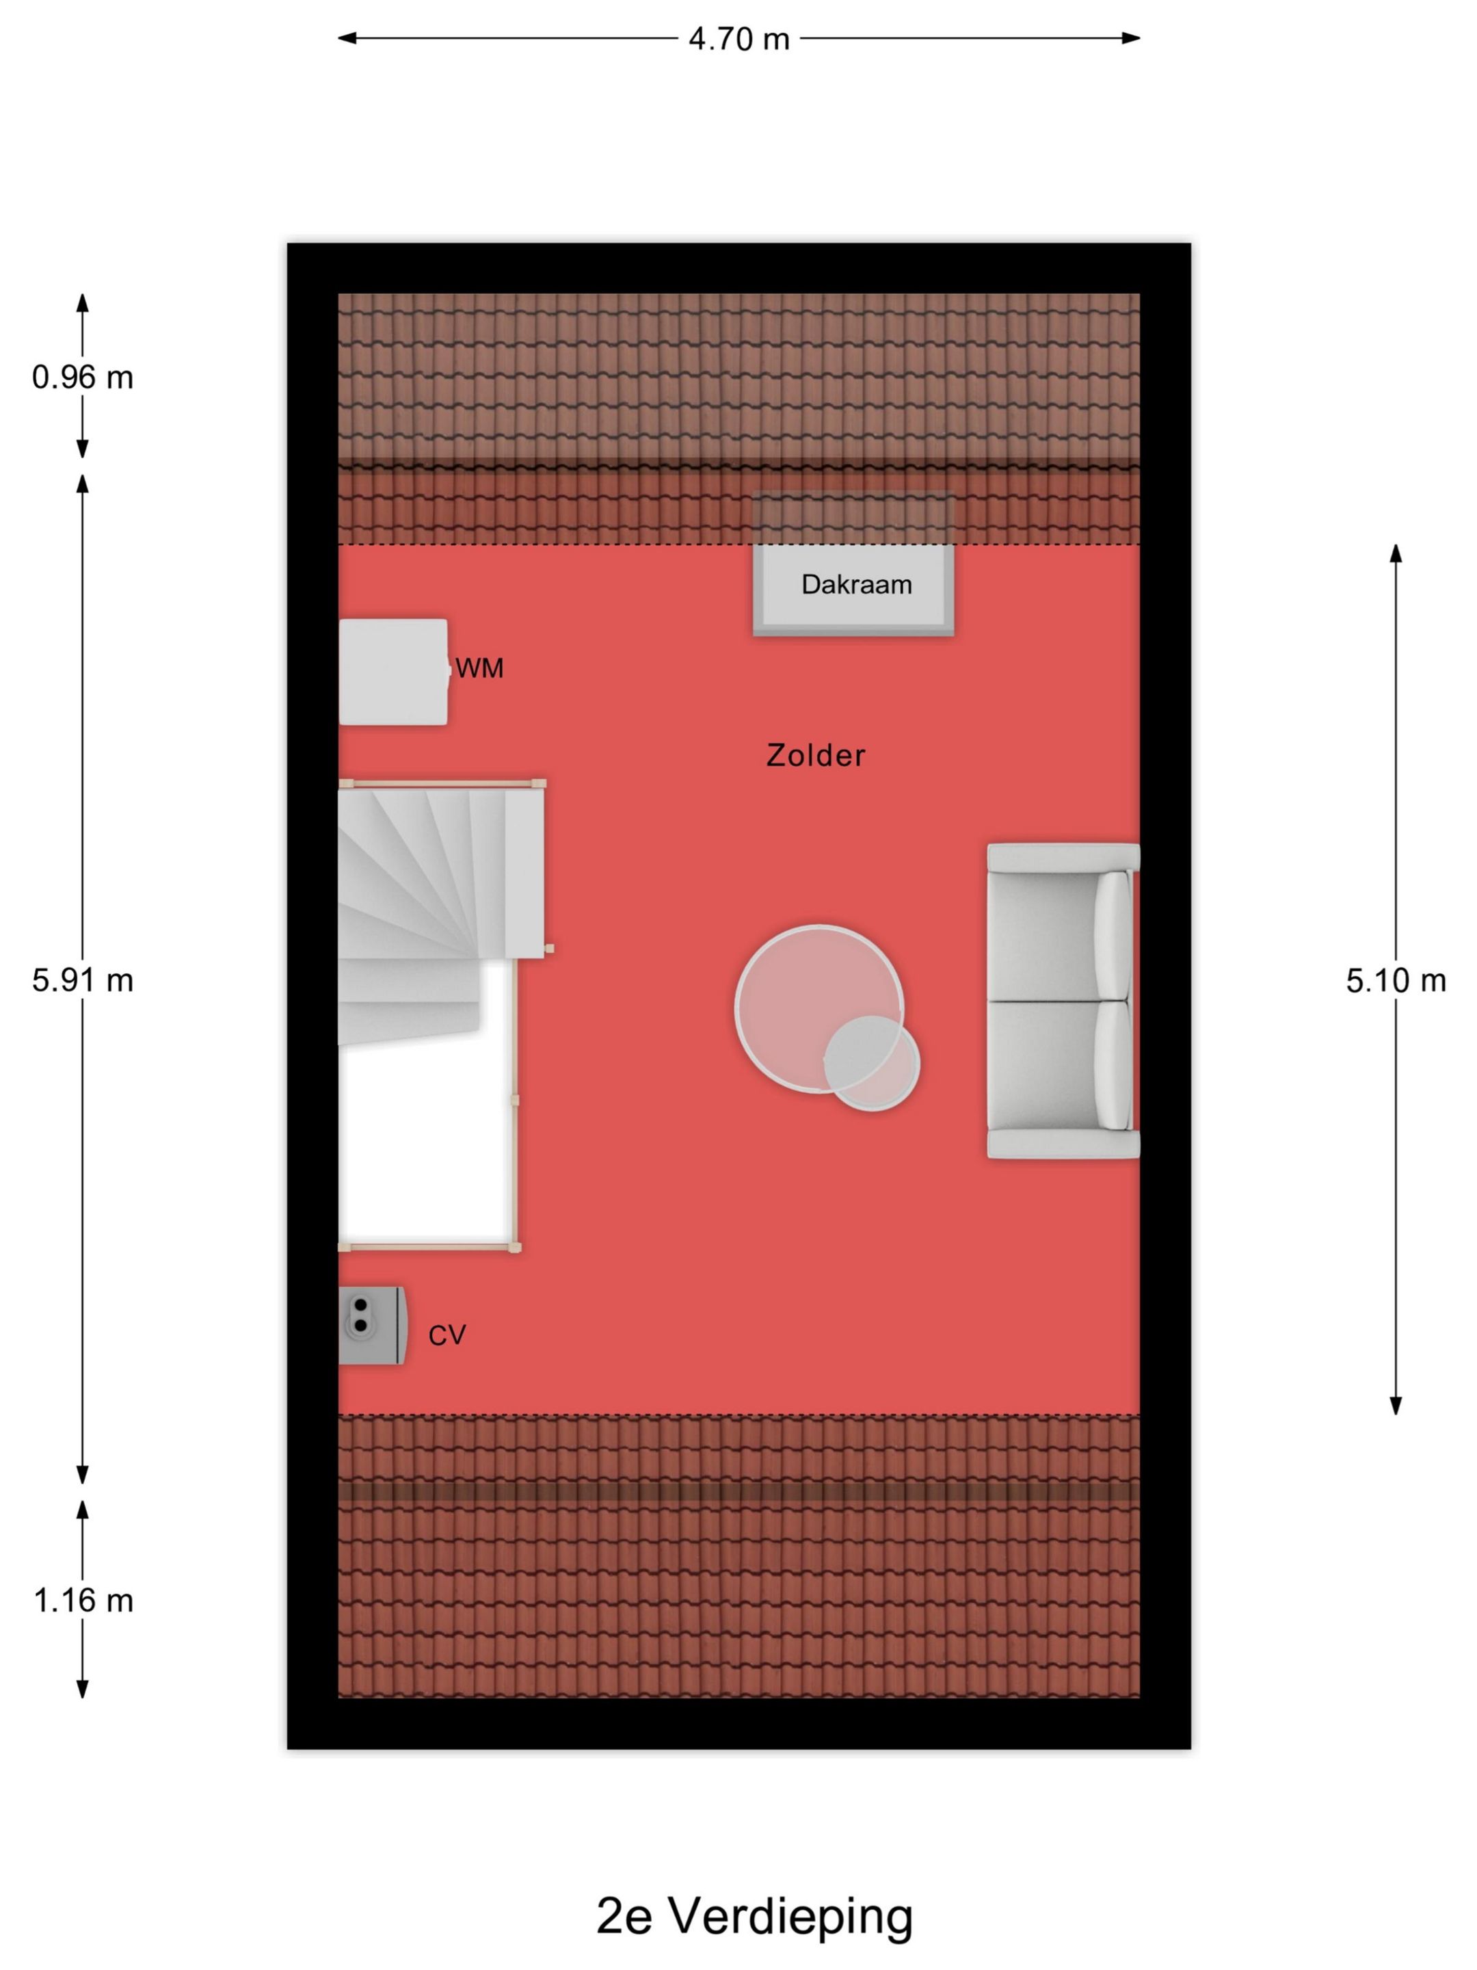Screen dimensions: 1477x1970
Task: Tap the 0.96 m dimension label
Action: click(x=83, y=378)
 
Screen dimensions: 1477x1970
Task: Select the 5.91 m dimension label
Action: click(x=83, y=980)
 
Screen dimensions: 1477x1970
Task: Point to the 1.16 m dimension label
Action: click(x=83, y=1601)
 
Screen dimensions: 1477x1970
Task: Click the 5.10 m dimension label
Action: click(x=1395, y=980)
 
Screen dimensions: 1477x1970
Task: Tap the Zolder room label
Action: click(x=816, y=755)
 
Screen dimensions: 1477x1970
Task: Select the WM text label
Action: click(x=480, y=668)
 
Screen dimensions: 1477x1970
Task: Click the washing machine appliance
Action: click(x=393, y=672)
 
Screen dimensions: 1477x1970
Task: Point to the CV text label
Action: click(x=447, y=1335)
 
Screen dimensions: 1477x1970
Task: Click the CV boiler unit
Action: click(x=372, y=1325)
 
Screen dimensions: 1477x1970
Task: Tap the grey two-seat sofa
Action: click(x=1063, y=1001)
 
